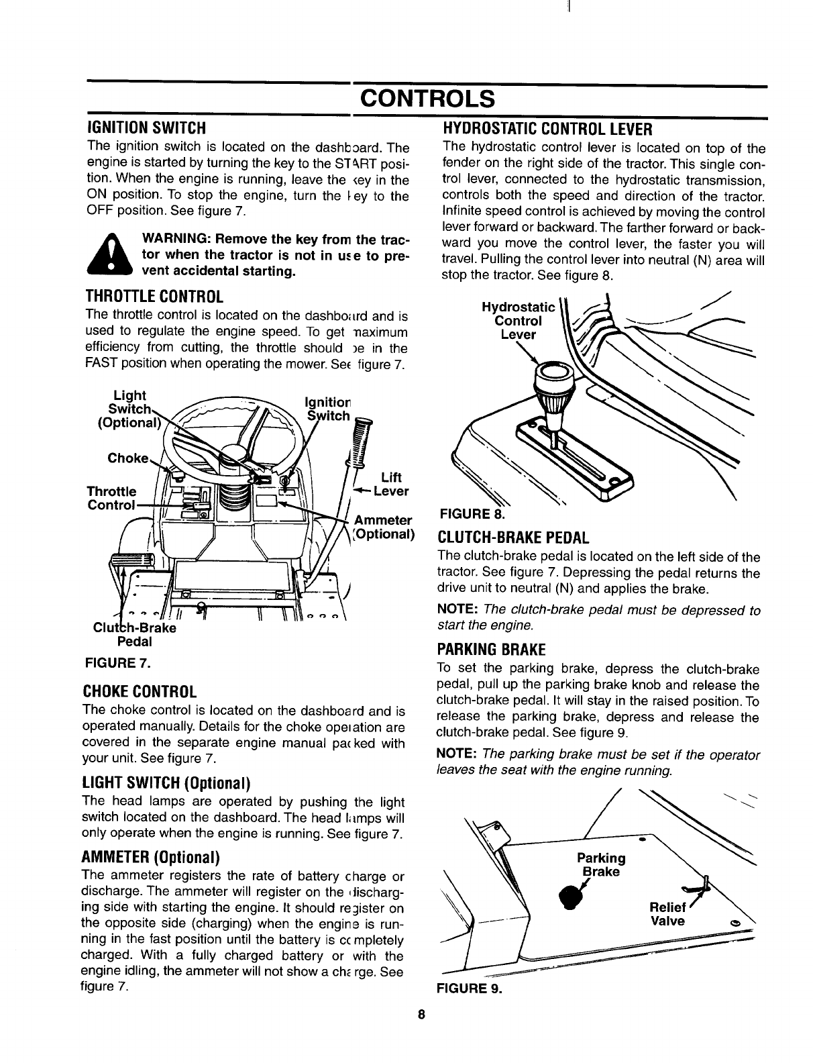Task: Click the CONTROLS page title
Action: coord(427,99)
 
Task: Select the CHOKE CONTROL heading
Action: coord(139,692)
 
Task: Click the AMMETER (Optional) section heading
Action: coord(151,858)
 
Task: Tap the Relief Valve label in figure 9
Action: coord(669,914)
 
